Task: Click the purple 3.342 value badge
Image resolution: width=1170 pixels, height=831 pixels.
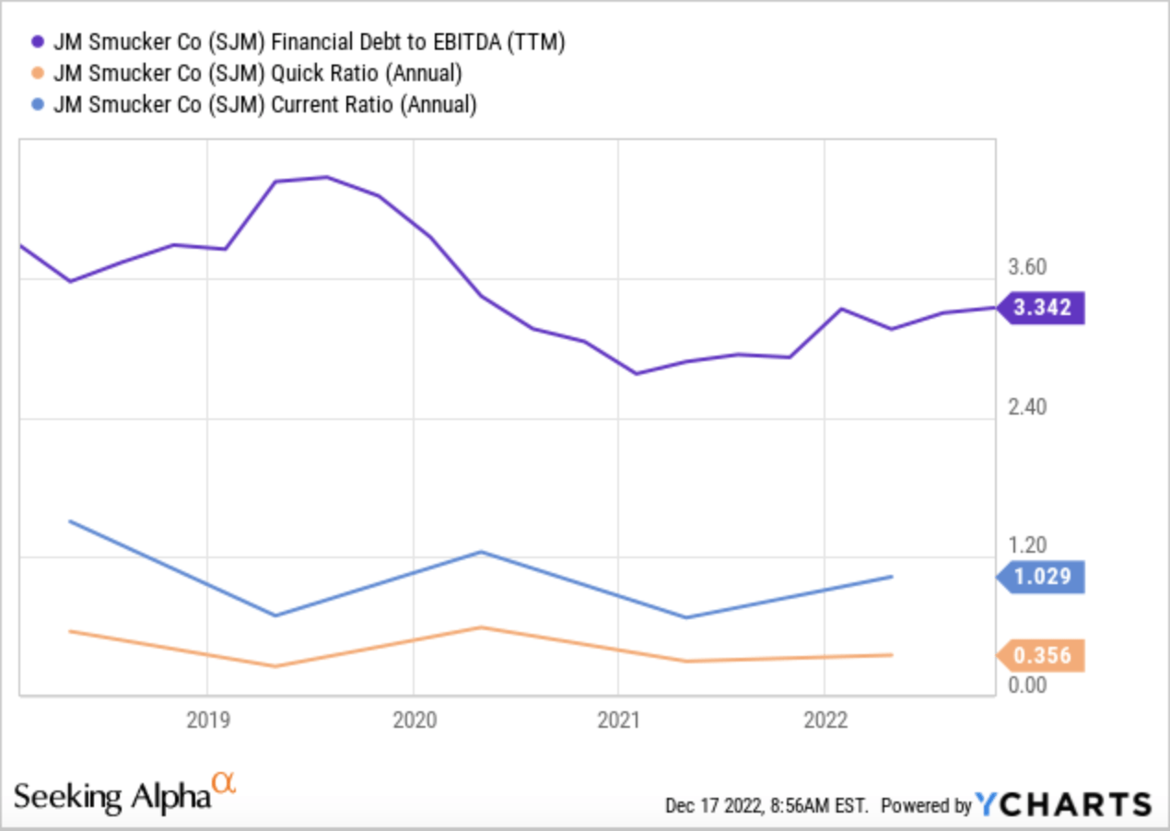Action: tap(1042, 308)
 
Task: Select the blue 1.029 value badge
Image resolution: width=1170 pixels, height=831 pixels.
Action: tap(1042, 577)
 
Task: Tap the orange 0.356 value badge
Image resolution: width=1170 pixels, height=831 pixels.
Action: tap(1042, 656)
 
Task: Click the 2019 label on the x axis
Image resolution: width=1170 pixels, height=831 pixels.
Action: tap(207, 720)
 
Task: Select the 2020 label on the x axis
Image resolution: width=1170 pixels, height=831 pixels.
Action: tap(413, 720)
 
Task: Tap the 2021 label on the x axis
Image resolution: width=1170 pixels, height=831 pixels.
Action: tap(618, 720)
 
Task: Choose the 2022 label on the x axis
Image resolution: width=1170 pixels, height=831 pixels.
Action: tap(824, 720)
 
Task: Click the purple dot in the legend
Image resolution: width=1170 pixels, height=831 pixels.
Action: tap(39, 41)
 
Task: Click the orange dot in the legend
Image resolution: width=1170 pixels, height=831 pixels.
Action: tap(39, 73)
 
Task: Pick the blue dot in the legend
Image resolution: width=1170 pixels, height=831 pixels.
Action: tap(39, 105)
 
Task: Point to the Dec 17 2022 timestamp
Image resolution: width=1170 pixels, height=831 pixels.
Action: tap(766, 806)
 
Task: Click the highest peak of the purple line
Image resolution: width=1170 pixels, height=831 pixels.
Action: tap(326, 176)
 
